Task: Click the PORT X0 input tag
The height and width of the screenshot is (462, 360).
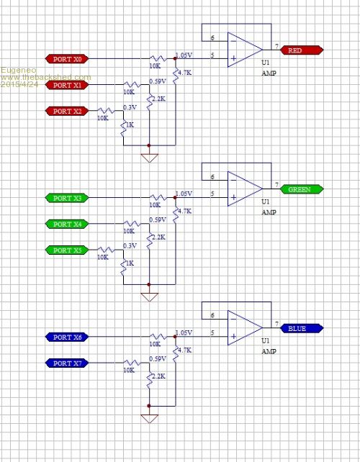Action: [67, 59]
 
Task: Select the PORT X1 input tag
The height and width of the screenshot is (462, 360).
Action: [67, 85]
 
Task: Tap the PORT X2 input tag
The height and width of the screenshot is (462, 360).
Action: [67, 111]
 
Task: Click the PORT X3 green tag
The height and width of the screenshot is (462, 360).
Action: [67, 198]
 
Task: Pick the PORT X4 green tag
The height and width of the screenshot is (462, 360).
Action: [67, 225]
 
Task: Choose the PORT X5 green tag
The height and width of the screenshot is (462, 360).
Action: [67, 250]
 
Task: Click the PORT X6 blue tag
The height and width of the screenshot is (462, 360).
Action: [67, 337]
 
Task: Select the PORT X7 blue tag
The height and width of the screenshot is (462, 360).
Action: [67, 363]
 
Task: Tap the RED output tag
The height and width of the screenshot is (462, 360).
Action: [302, 50]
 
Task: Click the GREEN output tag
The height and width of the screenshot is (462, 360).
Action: [302, 189]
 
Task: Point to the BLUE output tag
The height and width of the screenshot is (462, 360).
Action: [302, 328]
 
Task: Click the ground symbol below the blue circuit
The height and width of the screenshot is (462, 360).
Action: [150, 419]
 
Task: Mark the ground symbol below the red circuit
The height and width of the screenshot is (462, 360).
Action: [150, 158]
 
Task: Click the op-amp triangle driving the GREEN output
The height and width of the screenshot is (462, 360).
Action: [245, 189]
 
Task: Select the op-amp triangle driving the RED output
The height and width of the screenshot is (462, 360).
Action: [245, 50]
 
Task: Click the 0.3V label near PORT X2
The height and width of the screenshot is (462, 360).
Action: [130, 107]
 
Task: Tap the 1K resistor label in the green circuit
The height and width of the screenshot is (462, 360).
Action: [130, 263]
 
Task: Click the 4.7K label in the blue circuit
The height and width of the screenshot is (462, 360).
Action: [184, 350]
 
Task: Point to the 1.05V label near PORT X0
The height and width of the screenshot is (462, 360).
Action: [184, 55]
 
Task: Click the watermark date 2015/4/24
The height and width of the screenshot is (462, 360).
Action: [19, 84]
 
